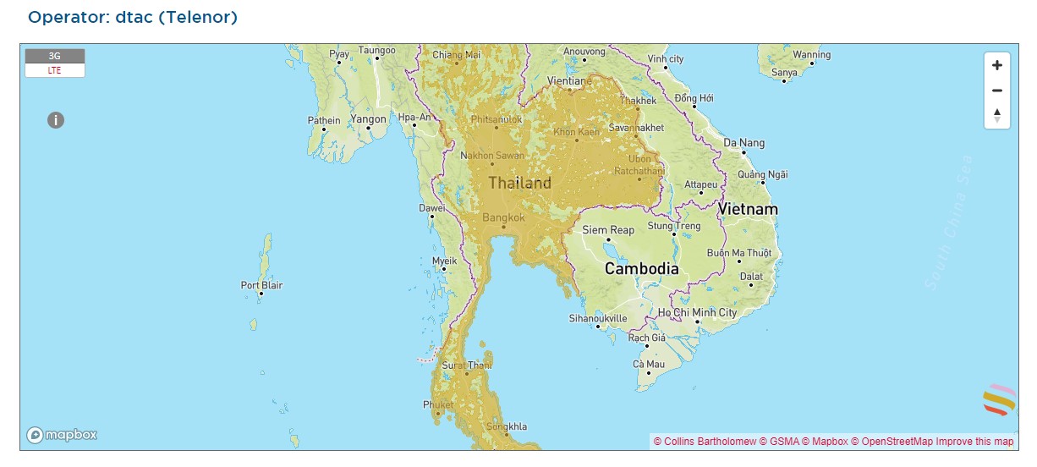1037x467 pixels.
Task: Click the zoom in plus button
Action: coord(996,65)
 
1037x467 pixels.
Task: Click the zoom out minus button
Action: coord(996,91)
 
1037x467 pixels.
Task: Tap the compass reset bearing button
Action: coord(996,115)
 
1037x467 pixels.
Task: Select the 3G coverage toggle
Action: coord(55,56)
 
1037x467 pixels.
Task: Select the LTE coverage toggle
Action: coord(55,70)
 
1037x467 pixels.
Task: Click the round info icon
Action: coord(56,120)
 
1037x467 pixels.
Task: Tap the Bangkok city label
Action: coord(503,217)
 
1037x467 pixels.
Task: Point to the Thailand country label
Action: coord(519,183)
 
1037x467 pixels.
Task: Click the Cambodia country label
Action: coord(641,269)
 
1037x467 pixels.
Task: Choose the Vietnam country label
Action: coord(748,208)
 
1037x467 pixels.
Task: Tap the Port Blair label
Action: coord(261,285)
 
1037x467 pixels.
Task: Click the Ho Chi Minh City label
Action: coord(698,313)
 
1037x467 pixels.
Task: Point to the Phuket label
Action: coord(437,405)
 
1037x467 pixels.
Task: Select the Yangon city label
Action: coord(368,120)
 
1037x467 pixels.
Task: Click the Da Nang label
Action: coord(743,143)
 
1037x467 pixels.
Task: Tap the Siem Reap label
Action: coord(607,230)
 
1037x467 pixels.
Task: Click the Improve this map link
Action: coord(974,441)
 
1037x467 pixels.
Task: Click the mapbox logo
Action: coord(62,435)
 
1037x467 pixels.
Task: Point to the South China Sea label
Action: coord(949,223)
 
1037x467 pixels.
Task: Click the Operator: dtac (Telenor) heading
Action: coord(133,17)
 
